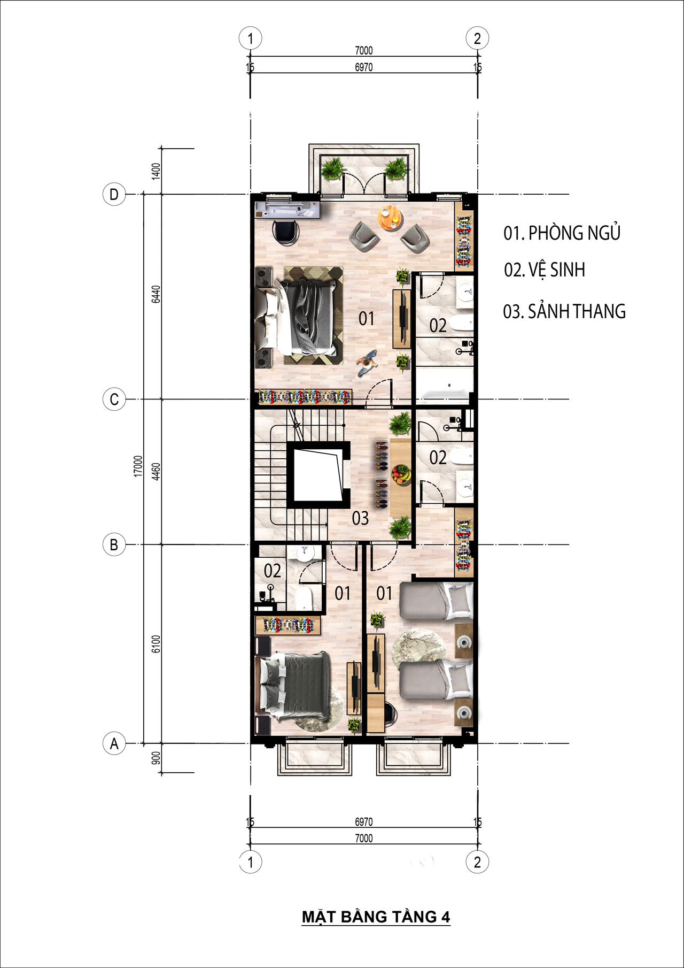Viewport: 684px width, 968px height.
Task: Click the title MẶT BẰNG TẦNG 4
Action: [x=376, y=917]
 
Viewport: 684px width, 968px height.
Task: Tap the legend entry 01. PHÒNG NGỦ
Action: [x=562, y=233]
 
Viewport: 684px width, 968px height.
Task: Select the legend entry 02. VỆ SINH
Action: [x=545, y=270]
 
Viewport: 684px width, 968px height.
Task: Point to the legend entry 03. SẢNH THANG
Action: [x=564, y=311]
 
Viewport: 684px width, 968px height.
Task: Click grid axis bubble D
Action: [x=114, y=194]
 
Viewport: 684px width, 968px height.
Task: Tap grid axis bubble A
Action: [x=114, y=743]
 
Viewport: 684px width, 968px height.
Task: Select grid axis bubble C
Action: [x=114, y=400]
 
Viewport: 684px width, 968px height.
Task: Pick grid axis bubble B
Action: [x=114, y=545]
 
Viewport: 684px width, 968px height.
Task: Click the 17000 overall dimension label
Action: [x=138, y=466]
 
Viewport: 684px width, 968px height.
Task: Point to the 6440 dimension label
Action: [x=156, y=294]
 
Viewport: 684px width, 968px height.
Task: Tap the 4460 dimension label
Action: [x=156, y=472]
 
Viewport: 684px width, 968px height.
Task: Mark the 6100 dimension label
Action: [x=156, y=644]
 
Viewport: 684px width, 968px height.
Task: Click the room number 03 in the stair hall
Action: [x=360, y=518]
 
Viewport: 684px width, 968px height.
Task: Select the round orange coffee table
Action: [x=390, y=218]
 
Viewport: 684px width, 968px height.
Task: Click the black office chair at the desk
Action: [x=285, y=232]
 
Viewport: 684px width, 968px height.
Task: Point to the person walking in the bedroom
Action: [x=367, y=362]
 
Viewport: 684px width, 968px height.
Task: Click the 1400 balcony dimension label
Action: [x=156, y=171]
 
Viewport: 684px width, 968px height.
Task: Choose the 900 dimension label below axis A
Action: [x=156, y=758]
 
